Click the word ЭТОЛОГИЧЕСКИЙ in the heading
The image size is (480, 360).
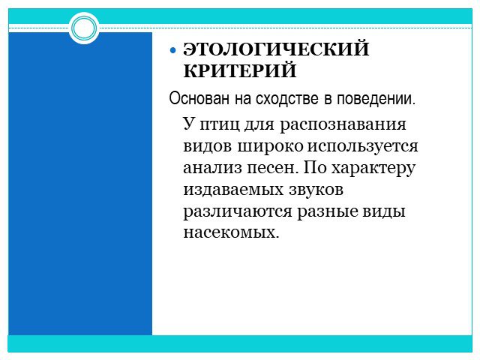pos(276,49)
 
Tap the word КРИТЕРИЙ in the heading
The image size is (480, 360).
pos(240,70)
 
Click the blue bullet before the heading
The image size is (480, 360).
pos(173,50)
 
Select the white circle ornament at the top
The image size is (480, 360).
pos(84,28)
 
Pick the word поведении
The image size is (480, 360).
pos(376,98)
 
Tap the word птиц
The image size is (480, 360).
pos(220,125)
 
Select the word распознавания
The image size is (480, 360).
pos(343,125)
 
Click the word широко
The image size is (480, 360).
pos(270,146)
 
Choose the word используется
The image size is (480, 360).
pos(362,147)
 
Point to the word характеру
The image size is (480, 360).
pos(373,169)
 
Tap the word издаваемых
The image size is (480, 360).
pos(233,190)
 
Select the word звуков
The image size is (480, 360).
pos(316,190)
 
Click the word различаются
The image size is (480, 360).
pos(238,212)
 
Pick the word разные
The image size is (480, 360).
pos(328,212)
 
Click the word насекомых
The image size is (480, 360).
pos(232,232)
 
